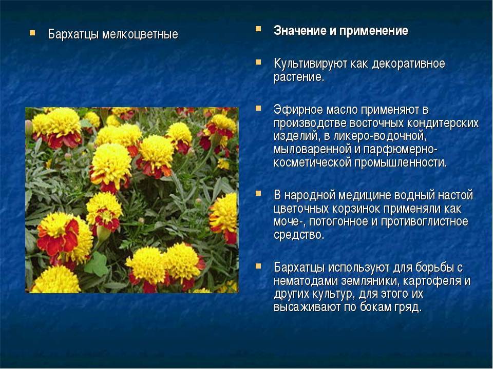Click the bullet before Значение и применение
tap(258, 28)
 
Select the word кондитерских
tap(446, 124)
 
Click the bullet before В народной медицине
tap(258, 193)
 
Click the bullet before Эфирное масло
tap(258, 108)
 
